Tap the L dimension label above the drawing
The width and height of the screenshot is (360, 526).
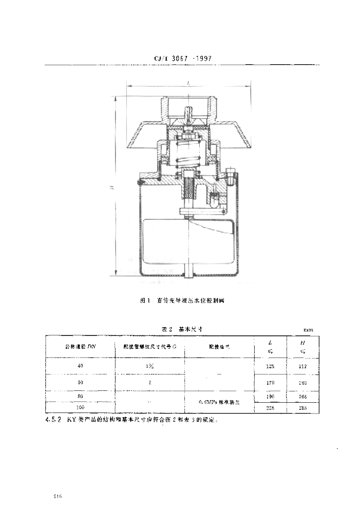pos(189,82)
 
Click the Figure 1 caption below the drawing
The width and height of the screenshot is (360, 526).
pos(182,302)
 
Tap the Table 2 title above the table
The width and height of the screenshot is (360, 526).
pos(182,328)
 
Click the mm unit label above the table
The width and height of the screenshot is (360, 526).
pos(308,330)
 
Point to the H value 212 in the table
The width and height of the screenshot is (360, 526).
pos(302,366)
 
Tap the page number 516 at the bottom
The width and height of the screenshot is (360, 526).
pos(58,497)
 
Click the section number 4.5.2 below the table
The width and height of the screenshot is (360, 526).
pos(54,419)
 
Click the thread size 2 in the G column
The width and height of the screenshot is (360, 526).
pos(150,383)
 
